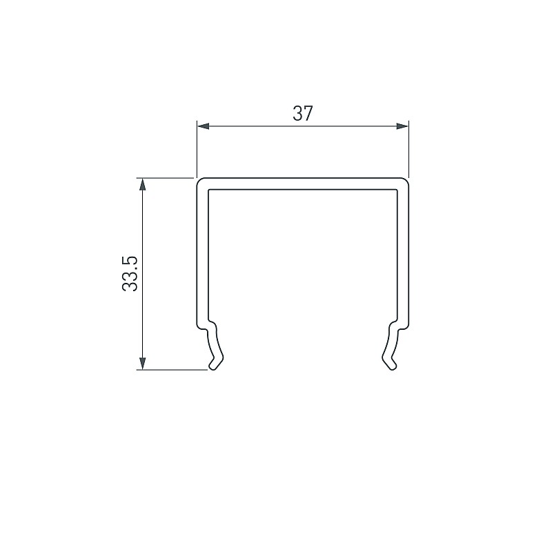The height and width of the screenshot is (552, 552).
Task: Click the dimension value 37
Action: click(x=303, y=113)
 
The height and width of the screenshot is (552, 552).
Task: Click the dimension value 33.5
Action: click(x=130, y=273)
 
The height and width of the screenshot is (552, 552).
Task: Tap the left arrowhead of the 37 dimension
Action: click(x=204, y=126)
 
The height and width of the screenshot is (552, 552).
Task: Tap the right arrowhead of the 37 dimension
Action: click(x=402, y=126)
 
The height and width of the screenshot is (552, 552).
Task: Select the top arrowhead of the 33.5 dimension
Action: click(x=142, y=184)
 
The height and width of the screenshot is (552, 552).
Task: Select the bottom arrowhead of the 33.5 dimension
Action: click(x=142, y=364)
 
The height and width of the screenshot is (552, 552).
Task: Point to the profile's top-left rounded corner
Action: click(x=199, y=181)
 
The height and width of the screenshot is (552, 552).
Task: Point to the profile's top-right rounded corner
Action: click(x=406, y=181)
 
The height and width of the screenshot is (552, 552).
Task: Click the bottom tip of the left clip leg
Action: click(x=213, y=368)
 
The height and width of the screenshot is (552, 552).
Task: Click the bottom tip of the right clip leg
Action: click(x=393, y=368)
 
